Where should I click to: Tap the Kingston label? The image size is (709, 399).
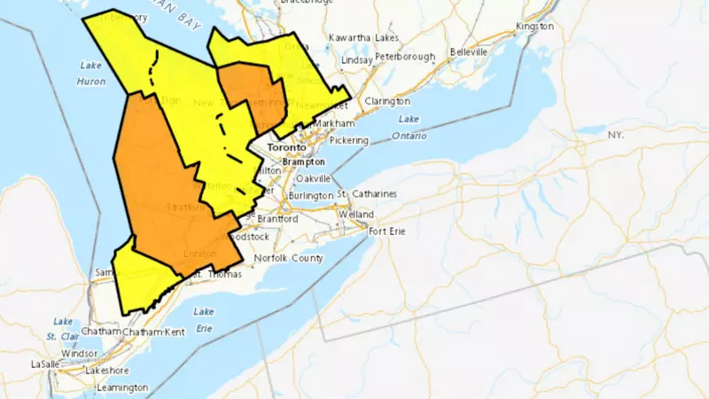pos(534,27)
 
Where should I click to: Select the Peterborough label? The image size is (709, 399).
pos(405,57)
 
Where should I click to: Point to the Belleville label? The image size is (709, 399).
pos(469,52)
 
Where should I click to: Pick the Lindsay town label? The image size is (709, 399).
pos(357,59)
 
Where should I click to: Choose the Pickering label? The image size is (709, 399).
pos(349,140)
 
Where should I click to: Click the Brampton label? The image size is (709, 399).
pos(303,163)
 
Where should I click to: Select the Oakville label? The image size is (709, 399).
pos(313,178)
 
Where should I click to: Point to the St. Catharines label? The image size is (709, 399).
pos(366,194)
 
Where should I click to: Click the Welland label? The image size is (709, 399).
pos(355,215)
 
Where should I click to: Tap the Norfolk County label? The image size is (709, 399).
pos(288,259)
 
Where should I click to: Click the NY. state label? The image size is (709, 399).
pos(616,134)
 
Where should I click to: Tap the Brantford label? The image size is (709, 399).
pos(277,218)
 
